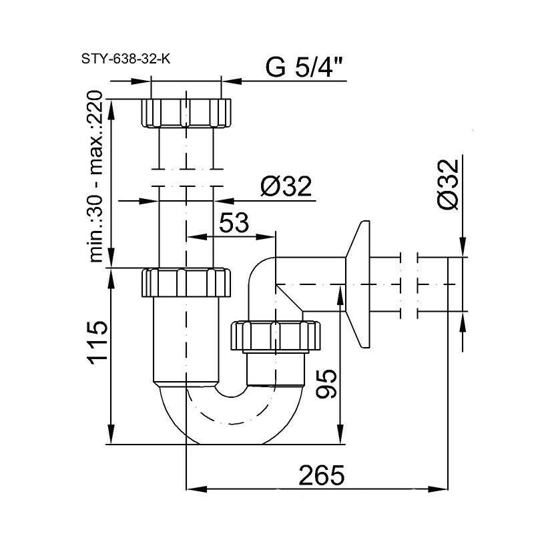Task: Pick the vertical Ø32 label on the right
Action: coord(449,186)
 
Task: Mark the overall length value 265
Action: coord(322,475)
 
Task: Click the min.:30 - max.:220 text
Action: coord(97,177)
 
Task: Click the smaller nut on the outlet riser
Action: coord(276,335)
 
